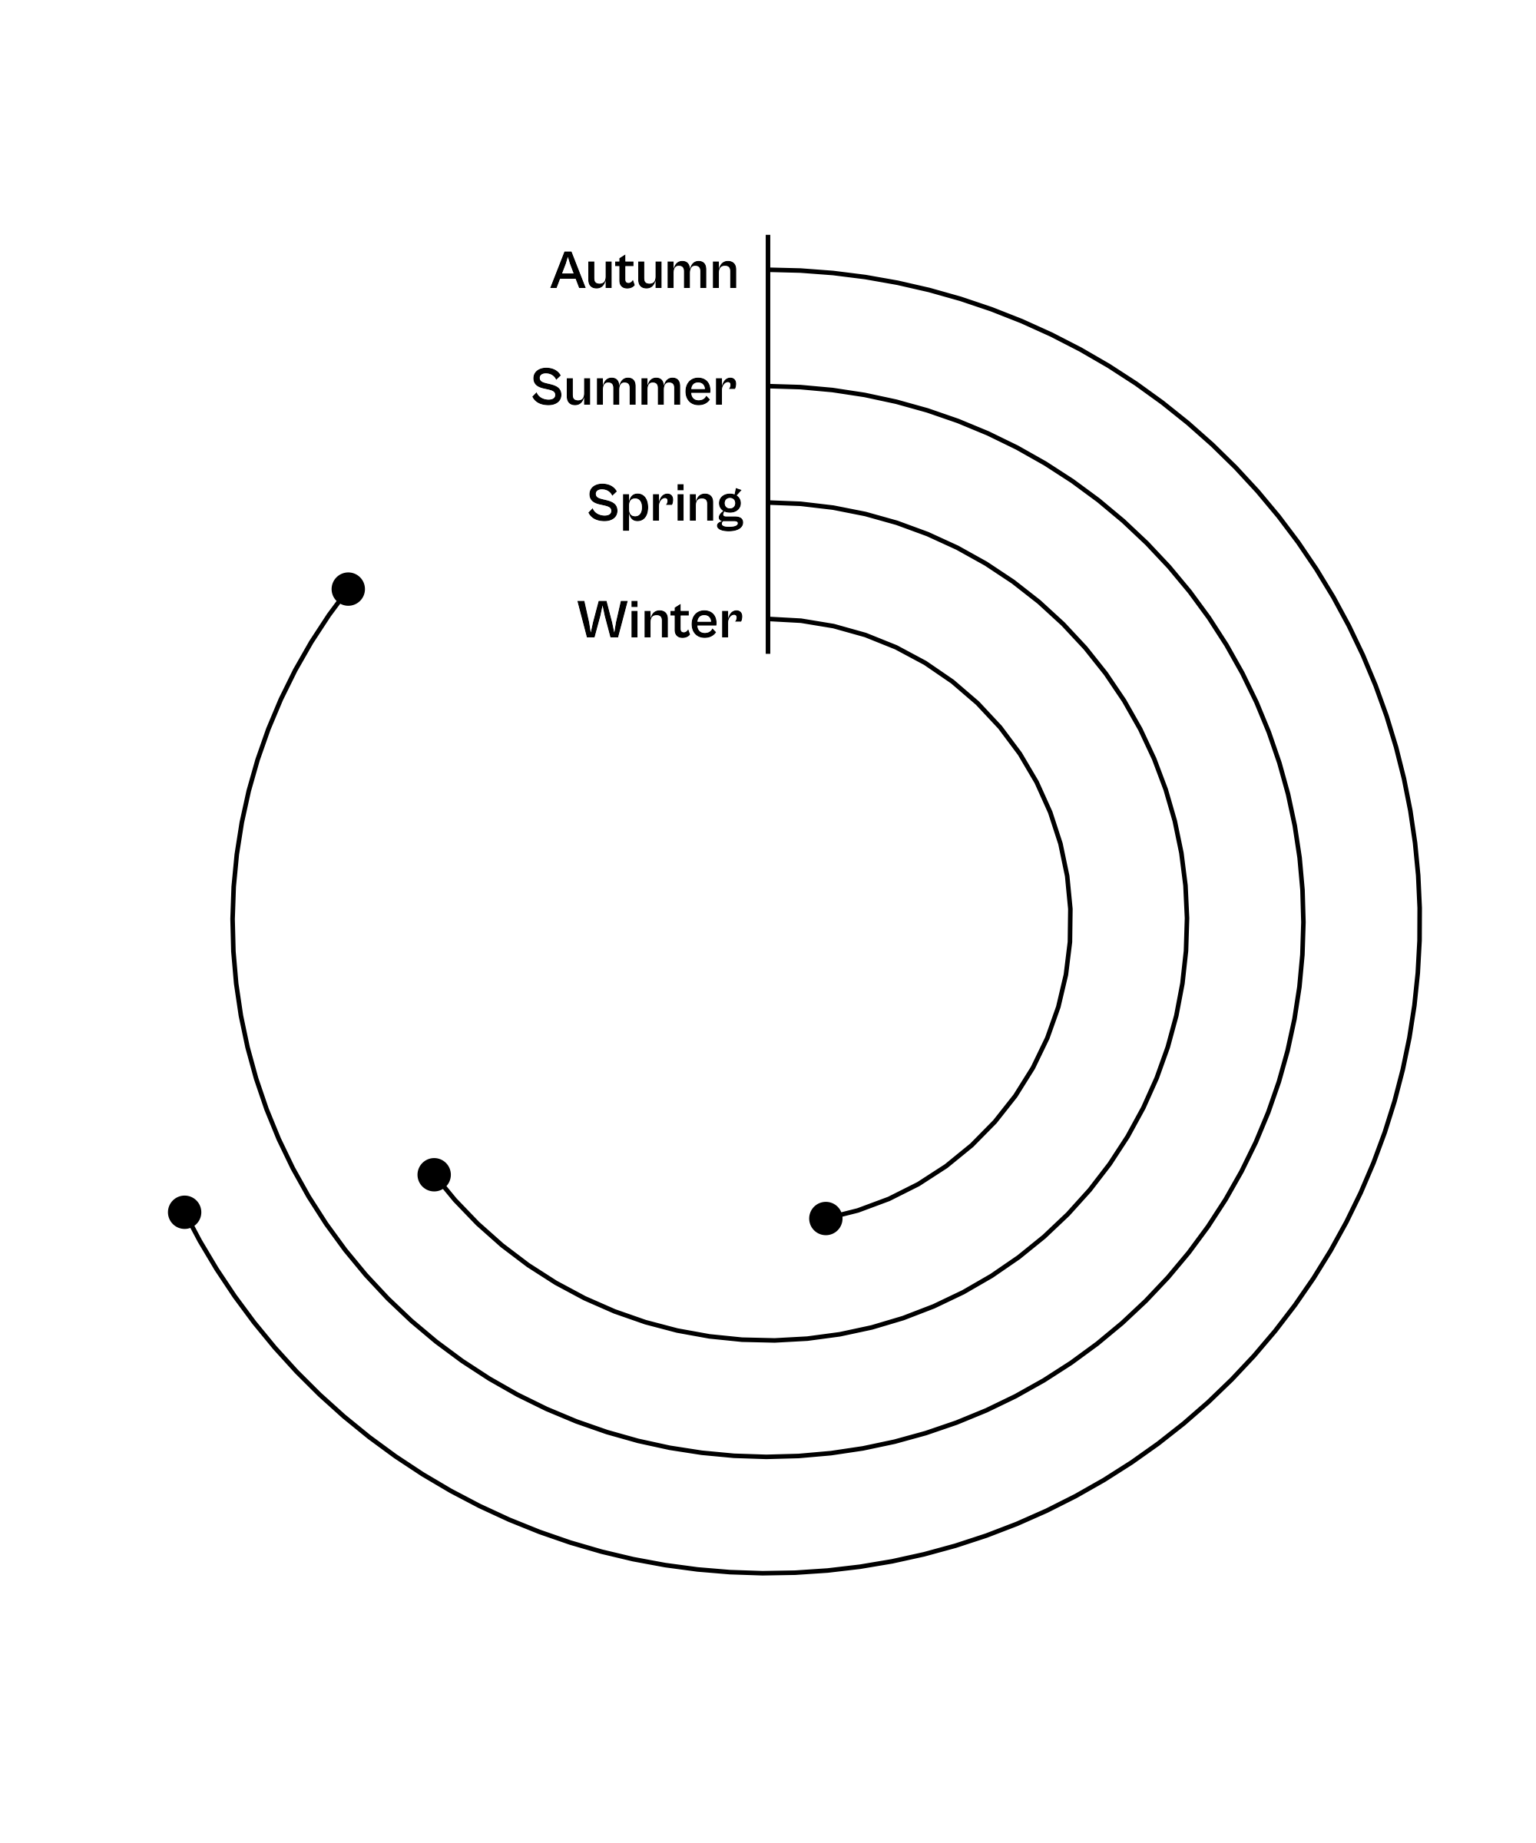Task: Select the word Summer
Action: click(633, 387)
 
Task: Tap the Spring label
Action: click(664, 504)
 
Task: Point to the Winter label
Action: click(659, 620)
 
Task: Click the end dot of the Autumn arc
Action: click(184, 1212)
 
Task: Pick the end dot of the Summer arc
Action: click(349, 589)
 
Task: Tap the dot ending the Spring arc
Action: click(434, 1174)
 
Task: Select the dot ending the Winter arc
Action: click(825, 1218)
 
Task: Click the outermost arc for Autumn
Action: click(1419, 921)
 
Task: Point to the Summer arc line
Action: click(1303, 921)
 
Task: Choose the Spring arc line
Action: click(1187, 921)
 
